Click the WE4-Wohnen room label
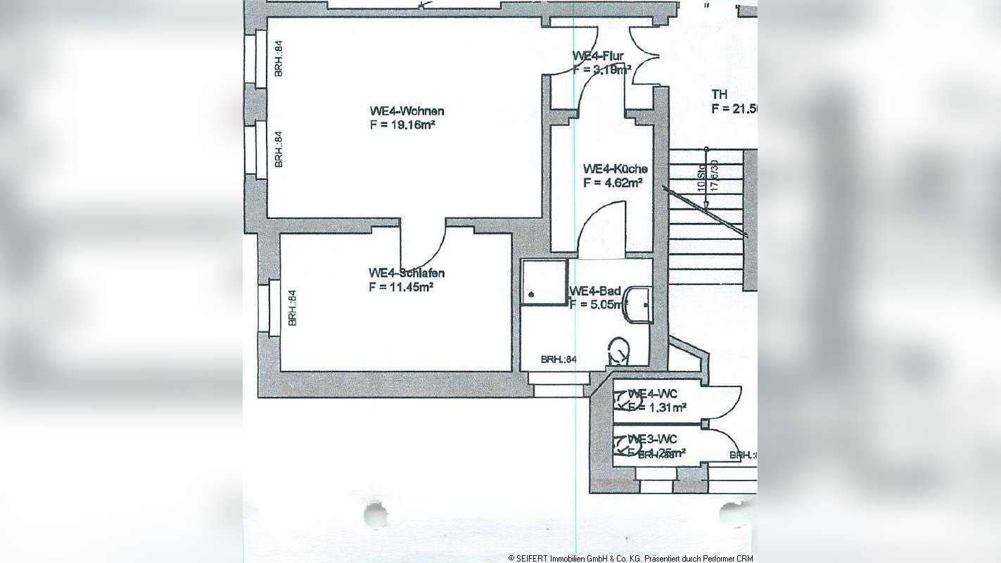coord(407,111)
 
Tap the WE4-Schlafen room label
coord(407,273)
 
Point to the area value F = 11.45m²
coord(400,286)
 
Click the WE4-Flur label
coord(598,56)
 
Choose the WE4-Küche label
coord(615,169)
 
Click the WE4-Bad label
coord(595,291)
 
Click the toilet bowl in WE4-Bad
coord(618,349)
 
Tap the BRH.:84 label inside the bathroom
coord(559,360)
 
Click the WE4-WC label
coord(652,393)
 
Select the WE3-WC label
coord(652,439)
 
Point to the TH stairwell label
coord(719,94)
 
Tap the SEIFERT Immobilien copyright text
coord(631,557)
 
